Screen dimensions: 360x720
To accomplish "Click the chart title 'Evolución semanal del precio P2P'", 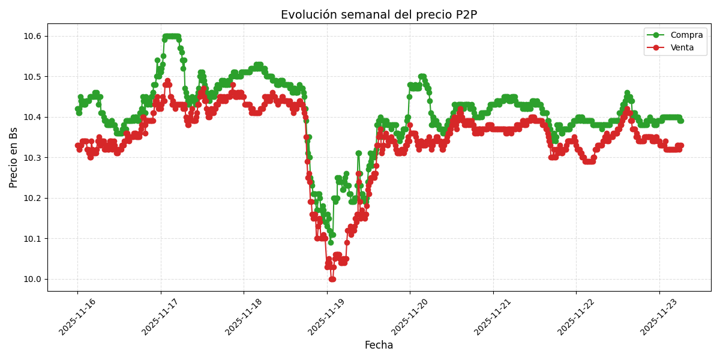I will point(379,15).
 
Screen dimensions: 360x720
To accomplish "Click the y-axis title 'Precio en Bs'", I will point(14,157).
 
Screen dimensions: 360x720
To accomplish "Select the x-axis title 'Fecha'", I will point(379,346).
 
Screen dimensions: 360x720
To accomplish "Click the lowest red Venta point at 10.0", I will point(332,279).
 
